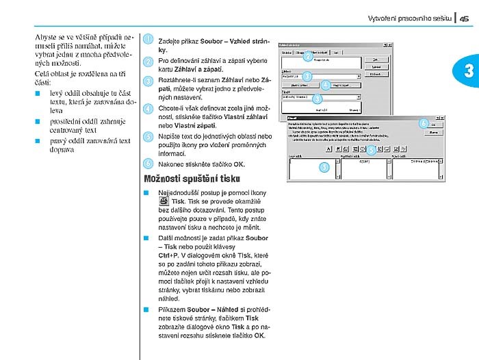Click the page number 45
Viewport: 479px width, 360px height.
[465, 19]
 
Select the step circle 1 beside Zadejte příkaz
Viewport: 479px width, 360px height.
[148, 40]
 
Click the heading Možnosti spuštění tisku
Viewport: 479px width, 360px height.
[181, 179]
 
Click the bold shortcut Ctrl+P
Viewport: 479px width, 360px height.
[169, 255]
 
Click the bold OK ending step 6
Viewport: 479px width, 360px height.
[238, 164]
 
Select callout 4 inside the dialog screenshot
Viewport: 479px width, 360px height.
[326, 85]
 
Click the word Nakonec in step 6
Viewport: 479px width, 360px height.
[172, 164]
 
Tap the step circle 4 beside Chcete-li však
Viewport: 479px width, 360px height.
[148, 109]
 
